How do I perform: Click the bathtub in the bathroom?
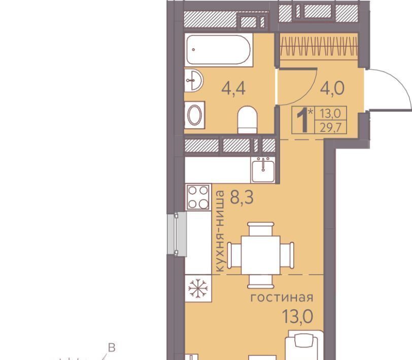coord(218,50)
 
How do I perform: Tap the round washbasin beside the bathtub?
coord(194,80)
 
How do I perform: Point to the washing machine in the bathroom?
coord(195,115)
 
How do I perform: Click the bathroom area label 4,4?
coord(233,89)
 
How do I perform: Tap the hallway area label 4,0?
coord(332,88)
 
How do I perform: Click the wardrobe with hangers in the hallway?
coord(319,46)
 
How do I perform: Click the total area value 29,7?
coord(330,128)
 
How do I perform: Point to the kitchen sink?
coord(263,170)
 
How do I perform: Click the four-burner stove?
coord(198,197)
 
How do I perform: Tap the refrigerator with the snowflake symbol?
coord(198,289)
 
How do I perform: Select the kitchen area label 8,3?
coord(242,197)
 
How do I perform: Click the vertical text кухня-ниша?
coord(219,231)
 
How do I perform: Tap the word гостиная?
coord(282,298)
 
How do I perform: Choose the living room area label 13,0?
coord(297,316)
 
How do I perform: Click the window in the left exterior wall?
coord(177,234)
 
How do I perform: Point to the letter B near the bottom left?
coord(112,348)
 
